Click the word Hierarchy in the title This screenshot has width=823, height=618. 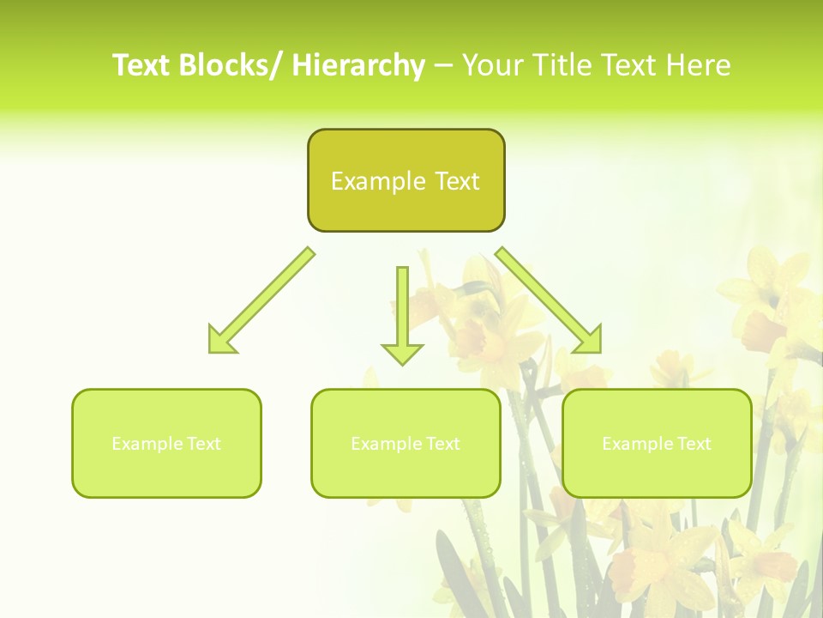[x=358, y=66]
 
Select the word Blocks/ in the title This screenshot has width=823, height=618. [x=231, y=66]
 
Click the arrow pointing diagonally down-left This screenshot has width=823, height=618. [x=261, y=300]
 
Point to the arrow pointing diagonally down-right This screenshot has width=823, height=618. [x=549, y=300]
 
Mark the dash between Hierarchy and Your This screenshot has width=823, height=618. [x=443, y=66]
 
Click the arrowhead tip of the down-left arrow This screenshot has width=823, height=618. [x=211, y=351]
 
